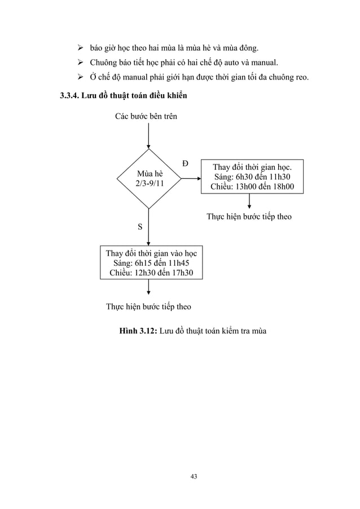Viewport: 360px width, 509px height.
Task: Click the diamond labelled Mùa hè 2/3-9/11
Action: pyautogui.click(x=150, y=178)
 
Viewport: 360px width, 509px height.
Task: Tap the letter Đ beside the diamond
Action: pyautogui.click(x=185, y=164)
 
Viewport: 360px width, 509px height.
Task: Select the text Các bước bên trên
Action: pyautogui.click(x=146, y=117)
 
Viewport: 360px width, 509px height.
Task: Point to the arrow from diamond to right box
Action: pyautogui.click(x=192, y=178)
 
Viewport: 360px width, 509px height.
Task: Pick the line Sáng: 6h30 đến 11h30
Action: pyautogui.click(x=252, y=177)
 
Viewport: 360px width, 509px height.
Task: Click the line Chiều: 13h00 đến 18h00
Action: pyautogui.click(x=252, y=187)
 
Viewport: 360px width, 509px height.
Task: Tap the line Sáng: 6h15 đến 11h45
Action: pyautogui.click(x=151, y=263)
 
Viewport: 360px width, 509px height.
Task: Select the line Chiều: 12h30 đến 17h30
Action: pyautogui.click(x=151, y=273)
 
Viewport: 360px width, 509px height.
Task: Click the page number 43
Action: pyautogui.click(x=194, y=477)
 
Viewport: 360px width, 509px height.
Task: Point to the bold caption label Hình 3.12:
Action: pyautogui.click(x=138, y=330)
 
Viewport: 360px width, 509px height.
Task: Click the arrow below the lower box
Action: pyautogui.click(x=149, y=288)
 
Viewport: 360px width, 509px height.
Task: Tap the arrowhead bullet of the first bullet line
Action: pyautogui.click(x=74, y=45)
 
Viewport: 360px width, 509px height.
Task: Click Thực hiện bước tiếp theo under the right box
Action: pyautogui.click(x=249, y=216)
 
